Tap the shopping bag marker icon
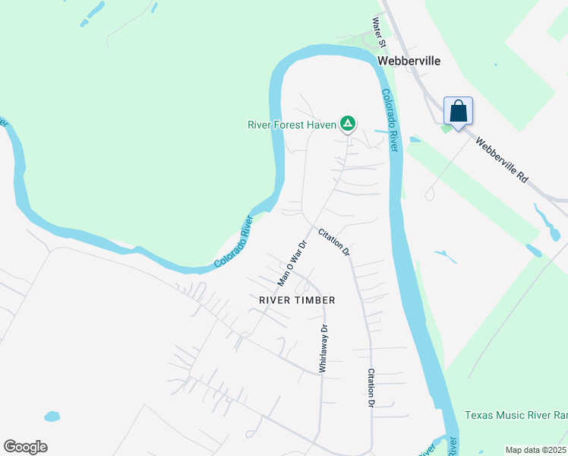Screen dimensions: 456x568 coord(458,112)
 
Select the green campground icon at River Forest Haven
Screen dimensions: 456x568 coord(347,122)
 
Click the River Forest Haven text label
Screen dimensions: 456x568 coord(292,125)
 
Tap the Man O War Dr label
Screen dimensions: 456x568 coord(292,264)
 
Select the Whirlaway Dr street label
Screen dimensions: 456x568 coord(323,348)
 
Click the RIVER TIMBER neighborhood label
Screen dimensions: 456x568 coord(297,300)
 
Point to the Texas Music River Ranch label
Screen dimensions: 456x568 coord(516,416)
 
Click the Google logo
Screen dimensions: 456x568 coord(25,447)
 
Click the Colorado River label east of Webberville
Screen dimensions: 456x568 coord(390,120)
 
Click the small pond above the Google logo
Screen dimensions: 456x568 coord(52,416)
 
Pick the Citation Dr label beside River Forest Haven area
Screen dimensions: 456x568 coord(334,241)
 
